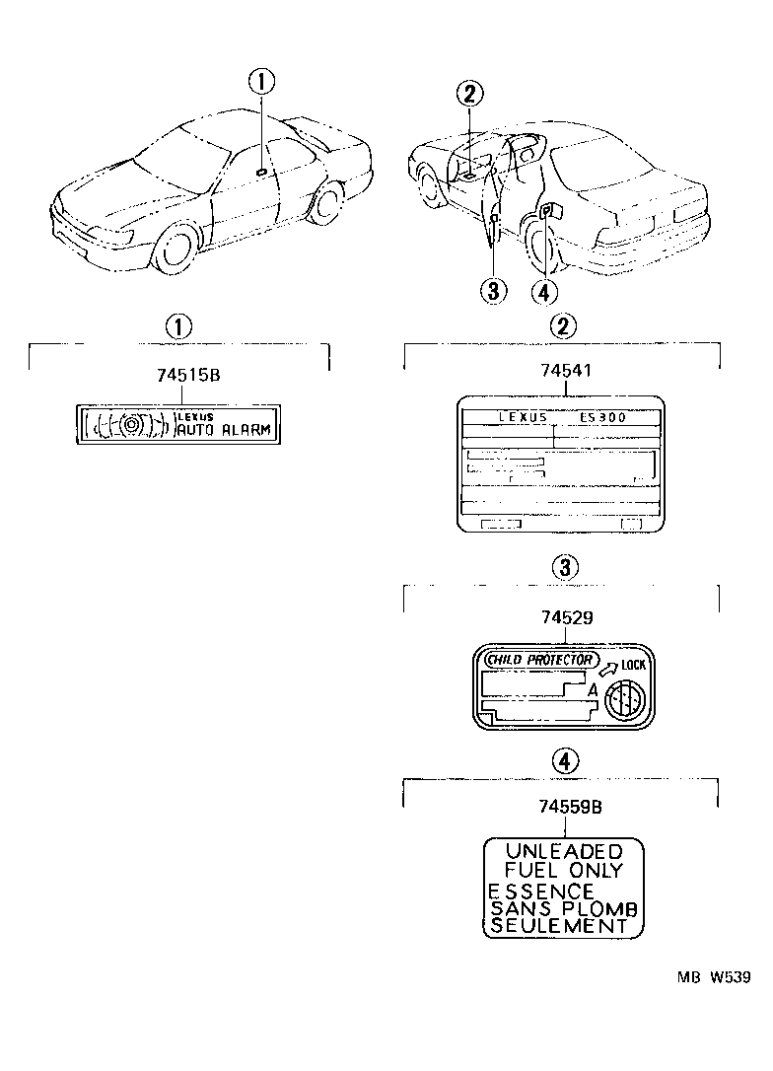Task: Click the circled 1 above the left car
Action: [262, 82]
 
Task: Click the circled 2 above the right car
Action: [469, 95]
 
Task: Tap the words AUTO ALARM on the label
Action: [226, 429]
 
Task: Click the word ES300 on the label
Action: [601, 417]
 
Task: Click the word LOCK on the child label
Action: [633, 665]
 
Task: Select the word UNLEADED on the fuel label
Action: [563, 851]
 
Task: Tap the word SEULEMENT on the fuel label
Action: [558, 926]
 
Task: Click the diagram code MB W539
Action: [713, 976]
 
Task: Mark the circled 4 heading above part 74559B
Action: [563, 759]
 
